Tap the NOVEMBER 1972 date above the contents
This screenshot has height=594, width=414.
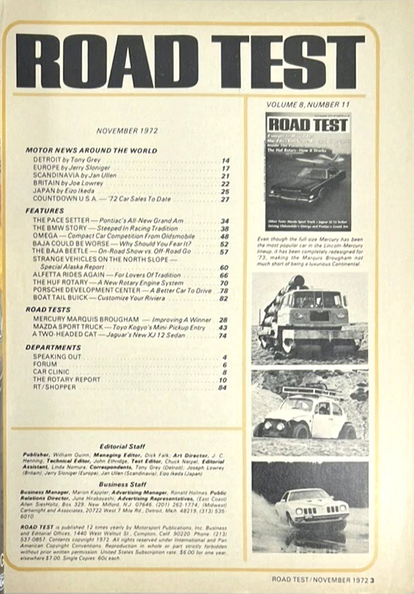pos(127,131)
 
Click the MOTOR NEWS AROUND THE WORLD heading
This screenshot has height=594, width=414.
pos(91,150)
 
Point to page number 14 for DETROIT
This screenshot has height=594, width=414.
pos(226,160)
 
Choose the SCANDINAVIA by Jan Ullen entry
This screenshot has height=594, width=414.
pos(64,176)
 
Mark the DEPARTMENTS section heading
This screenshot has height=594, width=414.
pos(53,347)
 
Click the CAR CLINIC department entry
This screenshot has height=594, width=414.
pos(51,371)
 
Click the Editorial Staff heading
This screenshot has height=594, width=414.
pos(122,445)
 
